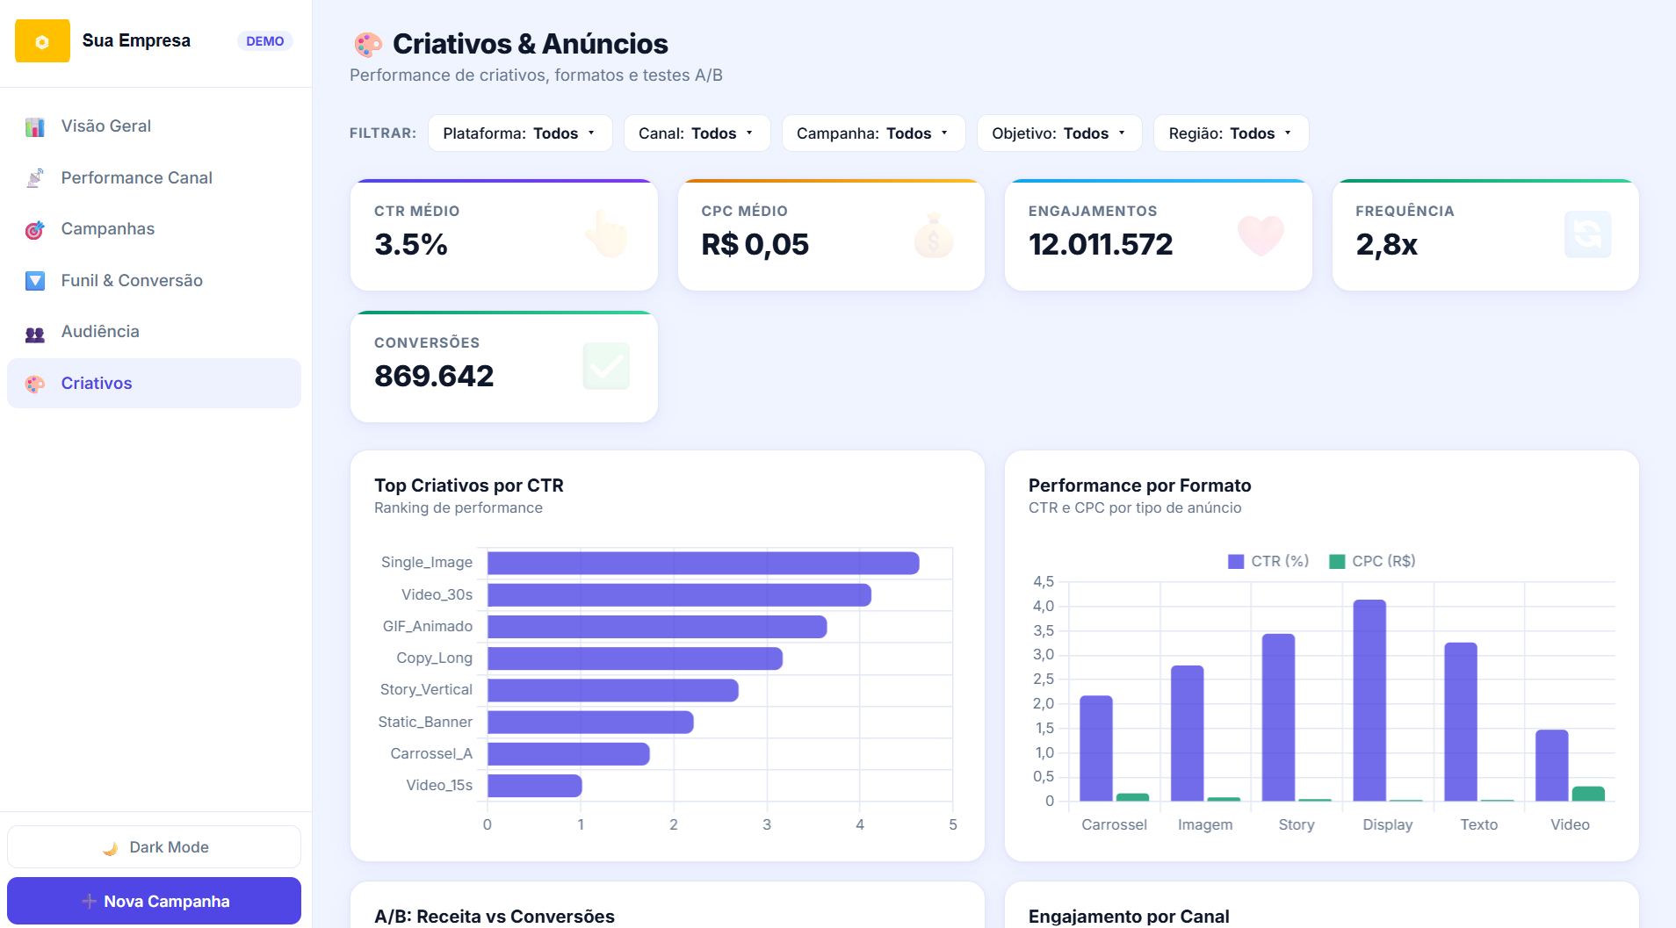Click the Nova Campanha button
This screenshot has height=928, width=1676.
(154, 901)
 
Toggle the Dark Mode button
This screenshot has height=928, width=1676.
(154, 847)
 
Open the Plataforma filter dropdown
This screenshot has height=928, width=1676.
(520, 133)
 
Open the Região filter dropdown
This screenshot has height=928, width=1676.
(1231, 133)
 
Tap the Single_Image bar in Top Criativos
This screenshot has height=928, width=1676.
(704, 564)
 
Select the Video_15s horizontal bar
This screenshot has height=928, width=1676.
(535, 786)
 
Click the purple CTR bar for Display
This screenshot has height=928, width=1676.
(1369, 701)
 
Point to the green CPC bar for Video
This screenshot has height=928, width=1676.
(1588, 794)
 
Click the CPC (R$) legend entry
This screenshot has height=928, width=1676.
(1372, 561)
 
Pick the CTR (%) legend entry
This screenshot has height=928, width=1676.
(1268, 561)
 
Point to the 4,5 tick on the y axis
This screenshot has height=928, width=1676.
(1043, 581)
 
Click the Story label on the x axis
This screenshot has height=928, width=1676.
(1297, 824)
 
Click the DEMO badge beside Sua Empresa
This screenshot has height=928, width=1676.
(264, 41)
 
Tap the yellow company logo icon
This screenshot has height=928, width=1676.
(42, 41)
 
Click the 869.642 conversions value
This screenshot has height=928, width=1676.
(434, 376)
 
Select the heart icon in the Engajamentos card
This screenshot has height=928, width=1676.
(1261, 234)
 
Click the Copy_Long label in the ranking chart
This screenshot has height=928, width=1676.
(434, 658)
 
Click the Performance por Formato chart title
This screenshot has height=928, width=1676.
(1139, 486)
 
